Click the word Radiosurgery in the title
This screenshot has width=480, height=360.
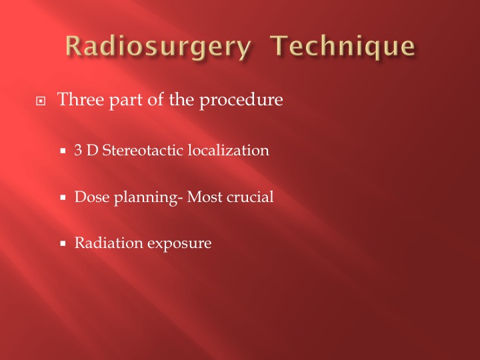pos(158,46)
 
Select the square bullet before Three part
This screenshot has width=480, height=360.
pos(41,101)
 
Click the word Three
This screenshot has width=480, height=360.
pos(81,99)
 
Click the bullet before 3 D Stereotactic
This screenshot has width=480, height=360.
pos(63,151)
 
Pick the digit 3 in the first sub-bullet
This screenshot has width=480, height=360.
pos(78,150)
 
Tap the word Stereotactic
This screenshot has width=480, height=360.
pos(143,150)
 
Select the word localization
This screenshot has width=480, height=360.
pos(229,150)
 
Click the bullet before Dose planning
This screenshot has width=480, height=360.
pos(63,197)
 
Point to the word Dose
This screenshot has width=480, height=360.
pos(92,197)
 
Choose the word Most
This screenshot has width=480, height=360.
pos(205,197)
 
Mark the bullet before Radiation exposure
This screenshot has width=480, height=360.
pos(63,243)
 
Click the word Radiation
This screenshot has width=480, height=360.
pos(109,243)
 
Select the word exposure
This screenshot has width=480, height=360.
pos(179,244)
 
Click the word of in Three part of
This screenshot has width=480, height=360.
pos(155,99)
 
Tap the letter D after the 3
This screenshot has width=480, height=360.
pos(92,150)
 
